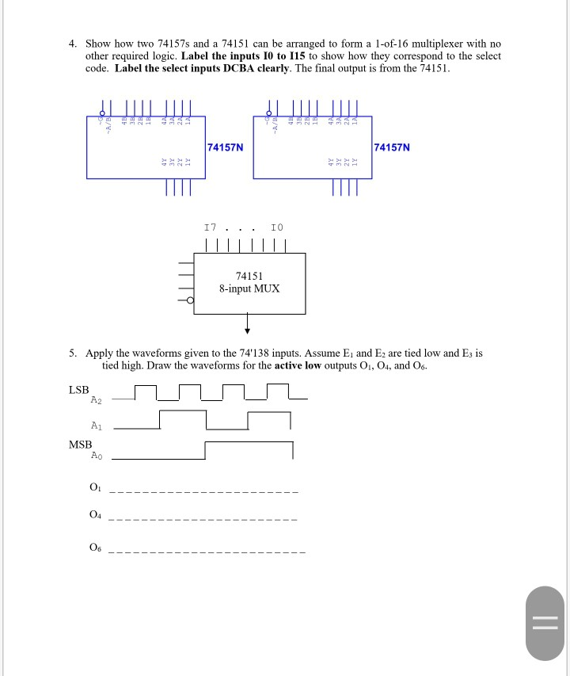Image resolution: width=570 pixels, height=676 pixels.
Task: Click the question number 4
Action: point(71,44)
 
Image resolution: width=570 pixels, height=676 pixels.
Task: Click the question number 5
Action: point(71,353)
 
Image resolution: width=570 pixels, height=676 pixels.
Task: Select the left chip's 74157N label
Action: point(225,147)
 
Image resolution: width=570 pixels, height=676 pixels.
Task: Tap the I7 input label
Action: point(210,227)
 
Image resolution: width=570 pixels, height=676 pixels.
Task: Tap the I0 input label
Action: point(276,227)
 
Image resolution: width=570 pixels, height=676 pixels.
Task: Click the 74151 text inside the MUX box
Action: point(249,276)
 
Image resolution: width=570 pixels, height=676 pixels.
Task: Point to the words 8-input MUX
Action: point(249,288)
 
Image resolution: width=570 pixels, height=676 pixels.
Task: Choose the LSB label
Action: point(79,390)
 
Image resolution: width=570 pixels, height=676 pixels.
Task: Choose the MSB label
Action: point(81,445)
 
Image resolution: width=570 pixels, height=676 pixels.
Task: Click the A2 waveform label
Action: point(97,399)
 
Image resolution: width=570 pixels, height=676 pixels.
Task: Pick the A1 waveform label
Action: point(97,425)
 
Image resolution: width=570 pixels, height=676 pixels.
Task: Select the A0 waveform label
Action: point(97,456)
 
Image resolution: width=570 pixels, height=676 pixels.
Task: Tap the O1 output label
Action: point(96,486)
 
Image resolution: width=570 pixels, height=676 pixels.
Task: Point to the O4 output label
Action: point(96,516)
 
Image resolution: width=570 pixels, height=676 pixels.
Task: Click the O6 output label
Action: point(96,547)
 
